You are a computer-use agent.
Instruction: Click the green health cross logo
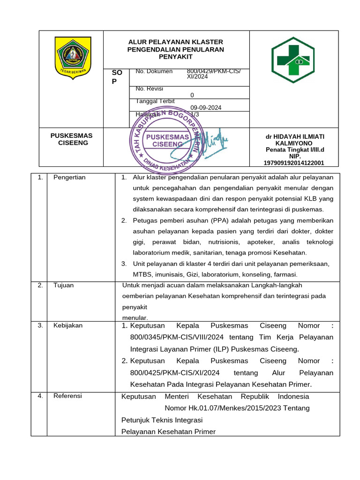pyautogui.click(x=293, y=56)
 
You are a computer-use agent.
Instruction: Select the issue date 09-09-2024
pyautogui.click(x=206, y=107)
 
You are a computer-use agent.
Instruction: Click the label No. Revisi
pyautogui.click(x=149, y=89)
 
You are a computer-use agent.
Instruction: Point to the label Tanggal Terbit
pyautogui.click(x=155, y=101)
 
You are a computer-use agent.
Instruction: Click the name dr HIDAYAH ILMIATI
pyautogui.click(x=295, y=136)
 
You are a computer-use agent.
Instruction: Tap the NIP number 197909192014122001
pyautogui.click(x=294, y=163)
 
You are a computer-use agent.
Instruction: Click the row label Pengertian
pyautogui.click(x=69, y=178)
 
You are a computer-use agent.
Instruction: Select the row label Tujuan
pyautogui.click(x=63, y=285)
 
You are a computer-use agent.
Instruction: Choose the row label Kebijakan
pyautogui.click(x=68, y=325)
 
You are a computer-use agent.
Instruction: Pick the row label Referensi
pyautogui.click(x=67, y=396)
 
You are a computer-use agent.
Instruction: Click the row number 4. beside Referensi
pyautogui.click(x=40, y=396)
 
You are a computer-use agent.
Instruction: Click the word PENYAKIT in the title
pyautogui.click(x=176, y=57)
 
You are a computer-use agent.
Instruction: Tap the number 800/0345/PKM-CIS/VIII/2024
pyautogui.click(x=177, y=337)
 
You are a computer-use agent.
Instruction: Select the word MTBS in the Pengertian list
pyautogui.click(x=142, y=274)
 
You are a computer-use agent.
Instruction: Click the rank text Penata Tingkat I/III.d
pyautogui.click(x=295, y=150)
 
